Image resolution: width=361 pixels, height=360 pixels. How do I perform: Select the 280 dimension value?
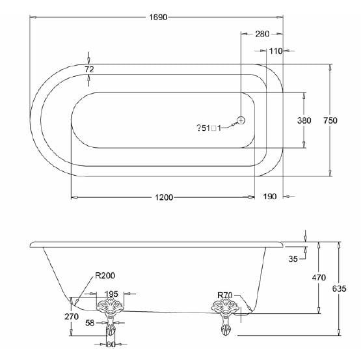(x=262, y=35)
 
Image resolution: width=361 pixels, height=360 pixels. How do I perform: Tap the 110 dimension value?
(x=274, y=51)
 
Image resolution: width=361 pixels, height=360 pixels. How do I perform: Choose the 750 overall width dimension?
(x=330, y=120)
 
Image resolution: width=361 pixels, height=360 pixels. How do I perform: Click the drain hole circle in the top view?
(x=241, y=120)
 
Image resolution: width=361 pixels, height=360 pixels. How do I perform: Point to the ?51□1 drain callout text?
(x=209, y=128)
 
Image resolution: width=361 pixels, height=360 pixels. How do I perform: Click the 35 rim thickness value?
(x=293, y=259)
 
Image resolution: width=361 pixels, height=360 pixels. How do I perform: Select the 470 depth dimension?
(x=319, y=277)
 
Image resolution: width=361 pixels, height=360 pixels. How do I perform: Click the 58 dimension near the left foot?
(x=90, y=322)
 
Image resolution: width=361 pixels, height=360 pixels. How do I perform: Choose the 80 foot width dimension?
(x=111, y=345)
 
